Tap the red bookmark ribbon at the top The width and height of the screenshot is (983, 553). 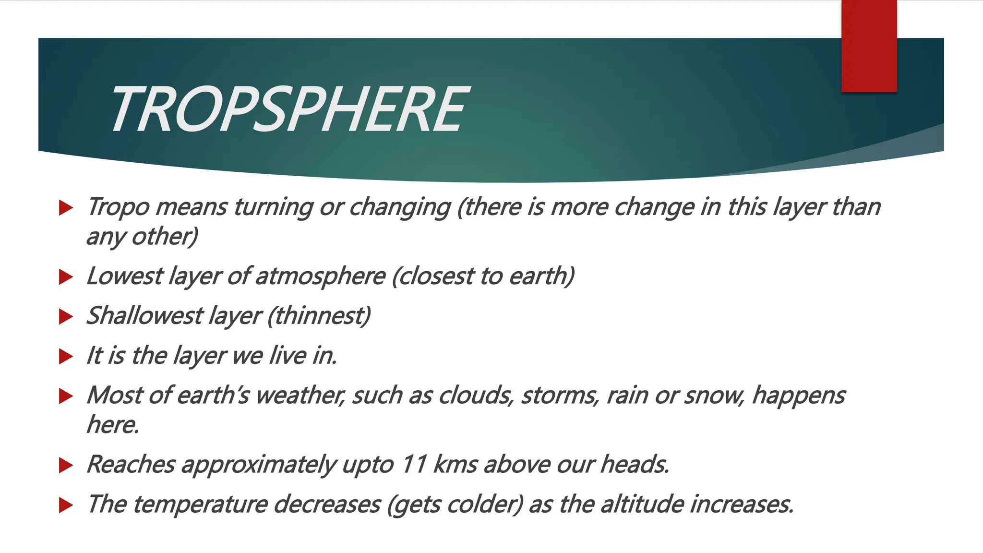pos(869,46)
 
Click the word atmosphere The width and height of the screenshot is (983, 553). pos(320,276)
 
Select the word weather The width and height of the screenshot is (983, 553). pos(300,396)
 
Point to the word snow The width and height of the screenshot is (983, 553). pos(715,396)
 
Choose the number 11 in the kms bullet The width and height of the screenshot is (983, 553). pos(414,464)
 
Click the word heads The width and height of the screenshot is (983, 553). pos(635,464)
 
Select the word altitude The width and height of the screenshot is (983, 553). pos(641,504)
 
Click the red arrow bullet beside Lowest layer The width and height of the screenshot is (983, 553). pos(66,277)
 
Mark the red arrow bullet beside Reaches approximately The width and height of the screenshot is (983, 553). pos(66,465)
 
